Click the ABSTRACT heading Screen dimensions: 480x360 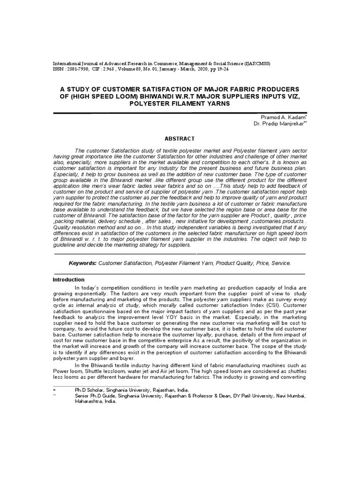click(x=180, y=139)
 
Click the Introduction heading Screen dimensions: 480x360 click(x=68, y=279)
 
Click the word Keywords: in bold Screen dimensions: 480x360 click(x=83, y=263)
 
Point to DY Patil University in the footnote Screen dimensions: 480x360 click(x=251, y=396)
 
